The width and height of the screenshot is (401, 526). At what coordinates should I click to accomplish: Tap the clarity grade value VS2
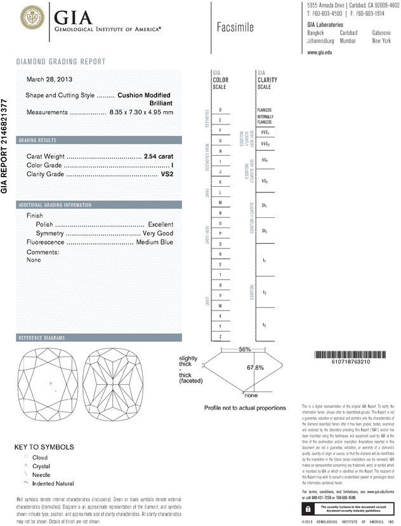coord(166,174)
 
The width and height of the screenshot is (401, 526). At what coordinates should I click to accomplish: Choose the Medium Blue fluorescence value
coord(154,243)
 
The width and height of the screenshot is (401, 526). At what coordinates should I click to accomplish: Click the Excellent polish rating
coord(161,225)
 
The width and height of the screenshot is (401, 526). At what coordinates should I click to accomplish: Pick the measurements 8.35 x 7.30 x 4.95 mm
coord(141,112)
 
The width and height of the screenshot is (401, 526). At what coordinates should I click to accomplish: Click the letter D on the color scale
coord(220,110)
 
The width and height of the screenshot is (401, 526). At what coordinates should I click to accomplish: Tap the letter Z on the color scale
coord(220,336)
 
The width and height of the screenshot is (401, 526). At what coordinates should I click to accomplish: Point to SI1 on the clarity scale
coord(265,206)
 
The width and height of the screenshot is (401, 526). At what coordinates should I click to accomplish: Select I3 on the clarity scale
coord(265,325)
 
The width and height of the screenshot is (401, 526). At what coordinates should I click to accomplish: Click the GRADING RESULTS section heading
coord(37,140)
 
